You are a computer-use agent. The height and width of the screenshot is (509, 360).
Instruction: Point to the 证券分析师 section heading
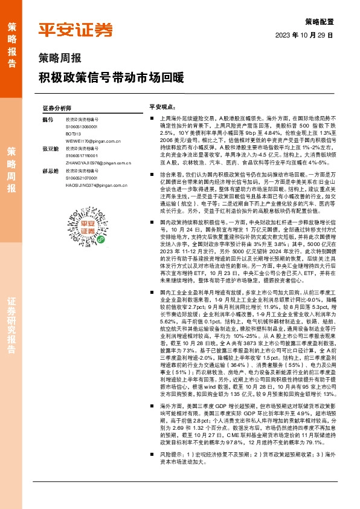coord(57,108)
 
